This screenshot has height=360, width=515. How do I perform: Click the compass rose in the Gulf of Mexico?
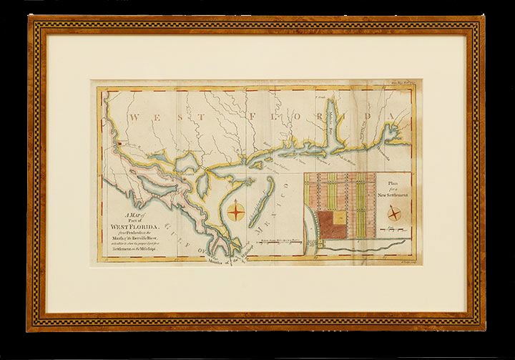coord(238,211)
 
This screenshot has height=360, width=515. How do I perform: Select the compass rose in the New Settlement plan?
coord(394,214)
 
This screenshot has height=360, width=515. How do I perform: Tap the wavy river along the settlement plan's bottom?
coord(358,248)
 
